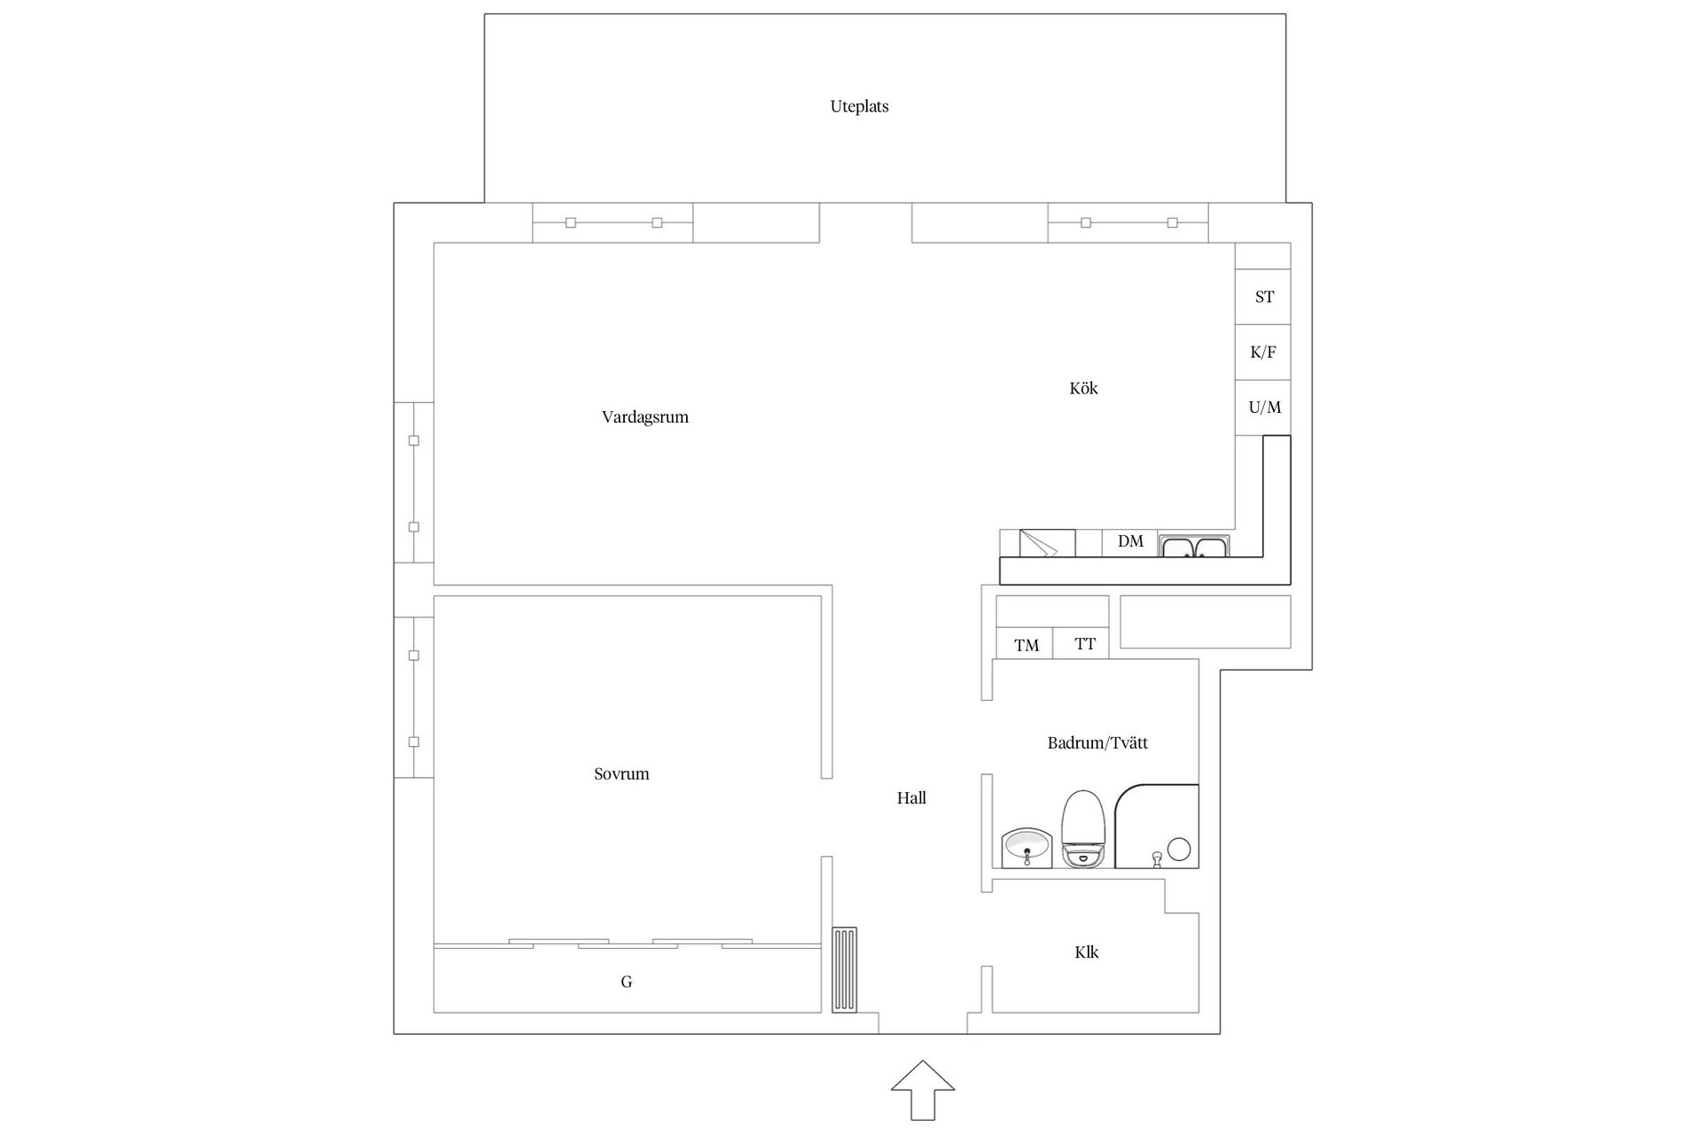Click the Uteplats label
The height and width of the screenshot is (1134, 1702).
859,106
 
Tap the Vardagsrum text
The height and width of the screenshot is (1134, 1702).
645,417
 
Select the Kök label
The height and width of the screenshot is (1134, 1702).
1083,388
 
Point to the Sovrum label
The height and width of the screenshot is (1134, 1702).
621,774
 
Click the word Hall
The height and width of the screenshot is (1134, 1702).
911,798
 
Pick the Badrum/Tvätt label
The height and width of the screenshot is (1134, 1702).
1097,743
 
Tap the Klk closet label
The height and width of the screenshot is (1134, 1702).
1087,952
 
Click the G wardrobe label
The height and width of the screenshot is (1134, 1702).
627,982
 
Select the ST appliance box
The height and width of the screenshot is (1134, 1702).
1263,297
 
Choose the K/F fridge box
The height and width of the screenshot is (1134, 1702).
1263,353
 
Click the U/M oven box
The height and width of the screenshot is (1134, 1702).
1263,408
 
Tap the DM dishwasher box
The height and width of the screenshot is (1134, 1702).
1130,543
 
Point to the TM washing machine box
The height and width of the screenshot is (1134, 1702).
1026,645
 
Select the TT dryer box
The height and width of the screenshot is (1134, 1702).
1081,644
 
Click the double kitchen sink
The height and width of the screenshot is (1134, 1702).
1194,547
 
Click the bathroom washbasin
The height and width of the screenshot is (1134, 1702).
1027,849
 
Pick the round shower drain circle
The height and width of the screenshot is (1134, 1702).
1178,849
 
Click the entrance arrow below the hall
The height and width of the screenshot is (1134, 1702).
923,1090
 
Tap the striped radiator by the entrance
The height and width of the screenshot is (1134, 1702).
845,970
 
